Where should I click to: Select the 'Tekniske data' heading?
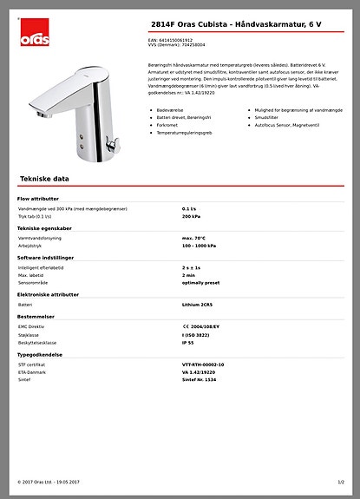tap(44, 178)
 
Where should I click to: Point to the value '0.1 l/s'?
tap(189, 209)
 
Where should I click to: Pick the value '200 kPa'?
tap(191, 216)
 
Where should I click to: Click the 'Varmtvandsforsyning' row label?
tap(40, 238)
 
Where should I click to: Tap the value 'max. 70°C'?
tap(194, 238)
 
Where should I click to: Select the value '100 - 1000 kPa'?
tap(200, 246)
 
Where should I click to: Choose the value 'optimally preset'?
tap(201, 282)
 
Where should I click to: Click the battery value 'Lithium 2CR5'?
tap(198, 305)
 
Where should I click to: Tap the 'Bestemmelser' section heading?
tap(37, 317)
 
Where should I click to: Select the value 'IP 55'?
tap(188, 342)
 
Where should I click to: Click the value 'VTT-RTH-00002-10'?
tap(203, 364)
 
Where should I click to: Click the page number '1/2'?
tap(341, 482)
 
